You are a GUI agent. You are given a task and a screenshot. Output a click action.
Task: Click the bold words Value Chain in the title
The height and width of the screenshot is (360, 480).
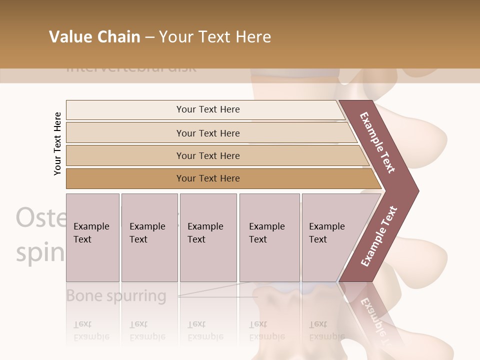coord(94,37)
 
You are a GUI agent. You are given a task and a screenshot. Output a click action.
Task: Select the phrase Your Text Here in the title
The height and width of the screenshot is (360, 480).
coord(215,37)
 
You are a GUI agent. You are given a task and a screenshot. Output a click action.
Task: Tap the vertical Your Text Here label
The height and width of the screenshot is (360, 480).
coord(57,143)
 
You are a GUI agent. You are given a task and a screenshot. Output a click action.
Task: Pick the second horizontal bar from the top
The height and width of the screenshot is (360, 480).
coord(208,133)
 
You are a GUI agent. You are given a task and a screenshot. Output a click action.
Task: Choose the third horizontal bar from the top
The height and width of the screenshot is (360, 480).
coord(208,155)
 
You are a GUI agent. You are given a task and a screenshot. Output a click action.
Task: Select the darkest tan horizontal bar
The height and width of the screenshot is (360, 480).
coord(208,178)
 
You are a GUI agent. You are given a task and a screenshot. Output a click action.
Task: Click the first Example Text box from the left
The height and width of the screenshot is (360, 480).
coord(92,237)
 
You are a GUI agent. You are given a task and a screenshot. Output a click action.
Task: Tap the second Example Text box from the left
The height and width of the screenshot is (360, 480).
coord(149,237)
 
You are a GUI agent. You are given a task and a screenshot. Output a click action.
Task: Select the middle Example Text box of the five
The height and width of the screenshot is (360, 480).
coord(208,237)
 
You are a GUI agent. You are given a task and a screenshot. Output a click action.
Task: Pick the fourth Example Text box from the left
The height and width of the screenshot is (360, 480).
coord(269,237)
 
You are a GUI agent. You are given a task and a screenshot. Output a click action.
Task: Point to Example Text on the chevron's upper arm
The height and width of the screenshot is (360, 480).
coord(377,142)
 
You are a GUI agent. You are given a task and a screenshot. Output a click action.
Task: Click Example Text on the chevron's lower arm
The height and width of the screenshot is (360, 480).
coord(379,236)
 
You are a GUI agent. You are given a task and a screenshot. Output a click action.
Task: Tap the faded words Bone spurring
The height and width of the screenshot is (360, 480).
coord(116,295)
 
